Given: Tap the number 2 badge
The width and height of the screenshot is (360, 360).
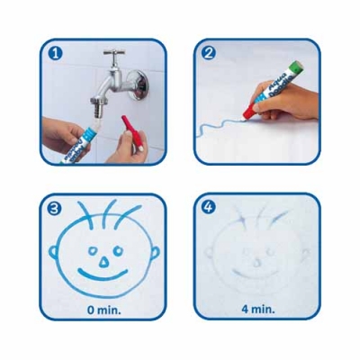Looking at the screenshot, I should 208,54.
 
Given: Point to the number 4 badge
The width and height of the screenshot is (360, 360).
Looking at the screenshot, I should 208,208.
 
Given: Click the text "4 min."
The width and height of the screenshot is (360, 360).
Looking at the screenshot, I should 257,308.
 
